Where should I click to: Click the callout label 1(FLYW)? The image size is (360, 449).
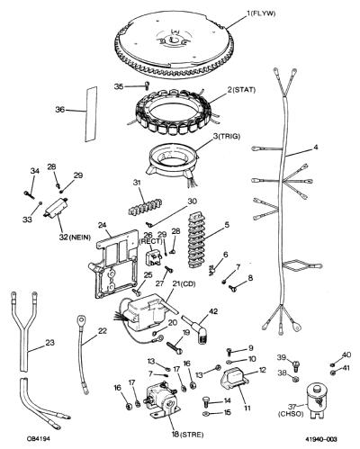click(x=261, y=13)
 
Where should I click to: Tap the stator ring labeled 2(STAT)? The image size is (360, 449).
click(x=174, y=114)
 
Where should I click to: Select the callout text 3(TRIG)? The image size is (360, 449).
click(x=226, y=137)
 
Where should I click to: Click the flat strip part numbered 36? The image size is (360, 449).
click(x=91, y=114)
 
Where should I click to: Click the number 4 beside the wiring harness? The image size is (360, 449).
click(x=315, y=148)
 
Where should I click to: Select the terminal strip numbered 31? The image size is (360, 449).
click(x=145, y=207)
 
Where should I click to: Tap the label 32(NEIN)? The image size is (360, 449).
click(x=75, y=238)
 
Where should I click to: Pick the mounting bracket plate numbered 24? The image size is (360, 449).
click(x=114, y=265)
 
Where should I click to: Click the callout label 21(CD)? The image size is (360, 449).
click(x=184, y=283)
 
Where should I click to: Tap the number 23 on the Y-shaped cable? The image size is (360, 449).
click(x=49, y=342)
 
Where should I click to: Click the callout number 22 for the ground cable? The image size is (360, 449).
click(x=103, y=331)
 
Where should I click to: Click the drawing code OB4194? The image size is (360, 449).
click(x=39, y=439)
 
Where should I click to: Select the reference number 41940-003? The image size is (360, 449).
click(x=321, y=439)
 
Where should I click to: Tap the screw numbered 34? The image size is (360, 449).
click(x=27, y=193)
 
